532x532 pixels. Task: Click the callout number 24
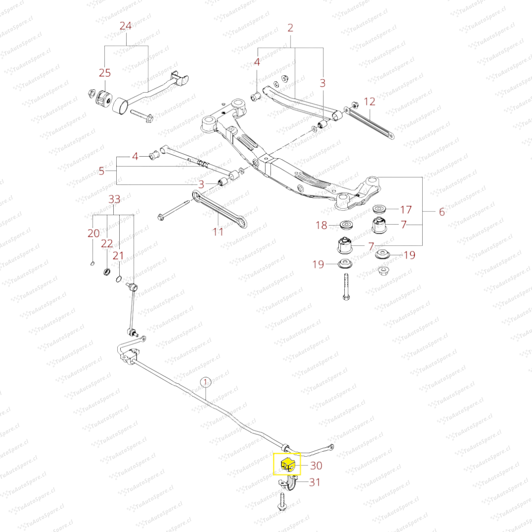tap(126, 26)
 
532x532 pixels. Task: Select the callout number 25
tap(105, 73)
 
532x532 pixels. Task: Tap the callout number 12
tap(369, 101)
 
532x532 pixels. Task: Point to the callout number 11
tap(218, 231)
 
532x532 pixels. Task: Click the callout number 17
tap(406, 209)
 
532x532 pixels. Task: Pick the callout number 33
tap(114, 199)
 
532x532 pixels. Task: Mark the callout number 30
tap(316, 465)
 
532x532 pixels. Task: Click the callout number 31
tap(314, 482)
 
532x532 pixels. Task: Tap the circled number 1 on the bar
tap(205, 381)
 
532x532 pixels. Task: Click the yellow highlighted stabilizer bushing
tap(287, 464)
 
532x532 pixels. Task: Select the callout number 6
tap(441, 212)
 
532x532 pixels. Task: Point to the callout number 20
tap(94, 233)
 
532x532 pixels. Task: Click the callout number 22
tap(107, 244)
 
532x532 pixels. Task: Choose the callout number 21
tap(118, 255)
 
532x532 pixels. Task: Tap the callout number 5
tap(101, 171)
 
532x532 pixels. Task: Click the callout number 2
tap(290, 28)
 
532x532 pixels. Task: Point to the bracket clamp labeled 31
tap(293, 484)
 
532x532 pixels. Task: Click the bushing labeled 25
tap(103, 98)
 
